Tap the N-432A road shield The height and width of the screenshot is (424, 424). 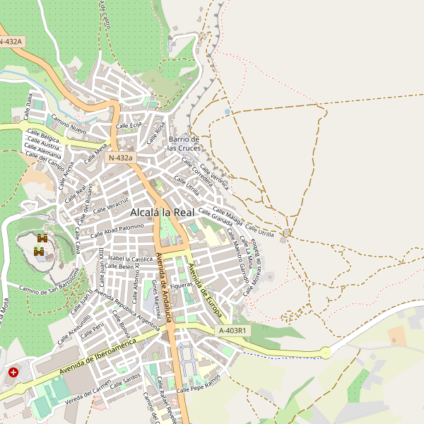[11, 42]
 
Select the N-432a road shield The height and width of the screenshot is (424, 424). [120, 158]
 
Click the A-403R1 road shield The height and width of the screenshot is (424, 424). [232, 330]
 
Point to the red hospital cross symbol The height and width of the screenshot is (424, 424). [13, 372]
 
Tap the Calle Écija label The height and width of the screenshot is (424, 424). [129, 125]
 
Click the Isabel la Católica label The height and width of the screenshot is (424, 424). [131, 259]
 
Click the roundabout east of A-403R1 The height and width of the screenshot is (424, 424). [325, 351]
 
